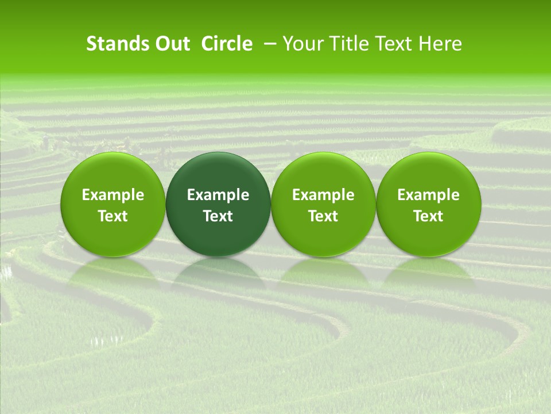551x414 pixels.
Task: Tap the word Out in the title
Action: tap(170, 44)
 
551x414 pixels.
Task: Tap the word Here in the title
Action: tap(439, 44)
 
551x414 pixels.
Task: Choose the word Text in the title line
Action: tap(394, 44)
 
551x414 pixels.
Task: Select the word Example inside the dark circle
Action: tap(218, 195)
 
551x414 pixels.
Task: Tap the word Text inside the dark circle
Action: tap(218, 216)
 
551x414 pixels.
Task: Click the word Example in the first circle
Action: tap(113, 195)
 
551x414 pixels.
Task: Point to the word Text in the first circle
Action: tap(113, 216)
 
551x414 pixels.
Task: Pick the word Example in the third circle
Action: tap(323, 195)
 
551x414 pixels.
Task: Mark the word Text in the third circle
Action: tap(323, 216)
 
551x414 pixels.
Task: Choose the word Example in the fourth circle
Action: tap(429, 195)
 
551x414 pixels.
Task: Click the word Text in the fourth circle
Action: tap(429, 216)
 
